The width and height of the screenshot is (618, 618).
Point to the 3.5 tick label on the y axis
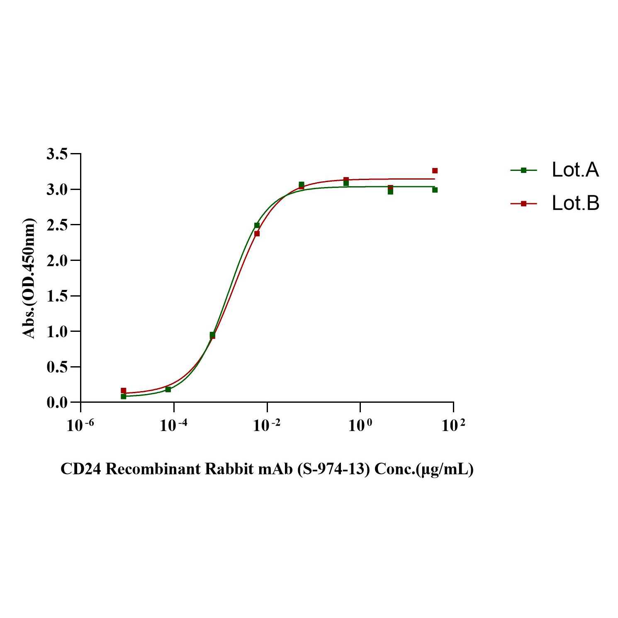[x=57, y=154]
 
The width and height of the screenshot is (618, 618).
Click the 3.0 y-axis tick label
[x=57, y=190]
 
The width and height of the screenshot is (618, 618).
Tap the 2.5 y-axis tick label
[x=57, y=225]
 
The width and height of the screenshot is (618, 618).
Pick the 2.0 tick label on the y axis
[x=57, y=260]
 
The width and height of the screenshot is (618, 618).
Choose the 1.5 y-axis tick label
[x=57, y=296]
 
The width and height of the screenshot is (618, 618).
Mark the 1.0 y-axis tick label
[x=57, y=331]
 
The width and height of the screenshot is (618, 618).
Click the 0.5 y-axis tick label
[x=57, y=367]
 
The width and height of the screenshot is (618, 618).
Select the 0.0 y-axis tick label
[x=57, y=402]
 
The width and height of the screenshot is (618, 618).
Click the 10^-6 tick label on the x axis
[x=80, y=425]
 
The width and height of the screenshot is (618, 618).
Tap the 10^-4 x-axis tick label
[x=174, y=425]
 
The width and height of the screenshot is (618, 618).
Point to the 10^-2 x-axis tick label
[x=267, y=425]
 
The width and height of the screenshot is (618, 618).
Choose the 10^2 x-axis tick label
[x=453, y=425]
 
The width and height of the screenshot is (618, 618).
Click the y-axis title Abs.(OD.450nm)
[x=29, y=278]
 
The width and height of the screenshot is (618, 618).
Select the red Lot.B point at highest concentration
[x=435, y=171]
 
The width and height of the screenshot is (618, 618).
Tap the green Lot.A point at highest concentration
[x=435, y=190]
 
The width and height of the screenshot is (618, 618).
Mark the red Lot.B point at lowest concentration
[x=123, y=391]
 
